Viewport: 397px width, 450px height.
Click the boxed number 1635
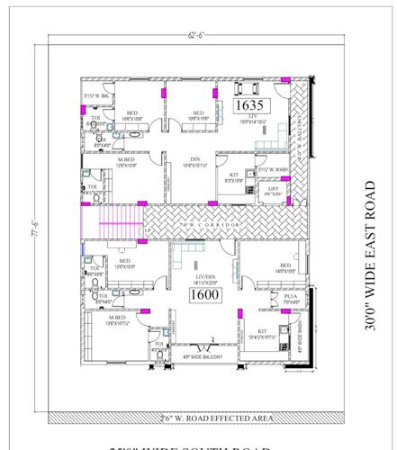pyautogui.click(x=247, y=105)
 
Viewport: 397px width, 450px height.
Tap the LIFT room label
pyautogui.click(x=273, y=189)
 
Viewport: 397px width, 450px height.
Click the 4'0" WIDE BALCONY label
pyautogui.click(x=207, y=356)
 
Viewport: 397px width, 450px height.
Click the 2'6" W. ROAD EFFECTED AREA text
pyautogui.click(x=198, y=418)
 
